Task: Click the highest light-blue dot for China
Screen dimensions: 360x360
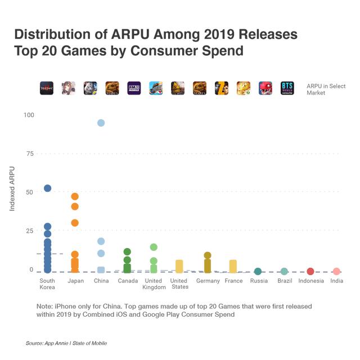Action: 101,123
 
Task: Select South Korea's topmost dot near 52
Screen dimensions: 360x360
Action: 48,188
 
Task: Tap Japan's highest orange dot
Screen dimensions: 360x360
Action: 75,196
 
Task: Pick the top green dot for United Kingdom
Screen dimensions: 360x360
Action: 154,247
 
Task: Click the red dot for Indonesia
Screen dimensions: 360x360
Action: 310,272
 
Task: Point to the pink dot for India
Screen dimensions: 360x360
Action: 336,272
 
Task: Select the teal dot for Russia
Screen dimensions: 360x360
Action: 258,272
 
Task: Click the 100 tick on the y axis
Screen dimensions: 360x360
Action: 29,115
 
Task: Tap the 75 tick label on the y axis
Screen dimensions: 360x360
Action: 30,154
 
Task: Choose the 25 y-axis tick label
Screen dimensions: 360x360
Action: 30,231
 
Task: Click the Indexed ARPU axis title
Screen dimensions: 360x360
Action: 12,188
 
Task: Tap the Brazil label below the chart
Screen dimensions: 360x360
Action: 285,281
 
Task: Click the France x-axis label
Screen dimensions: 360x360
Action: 233,281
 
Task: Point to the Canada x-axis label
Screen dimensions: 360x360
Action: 128,281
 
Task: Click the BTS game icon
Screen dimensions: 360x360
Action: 287,88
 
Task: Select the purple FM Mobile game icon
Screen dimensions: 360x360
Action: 134,88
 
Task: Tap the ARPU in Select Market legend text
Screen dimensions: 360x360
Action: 326,89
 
